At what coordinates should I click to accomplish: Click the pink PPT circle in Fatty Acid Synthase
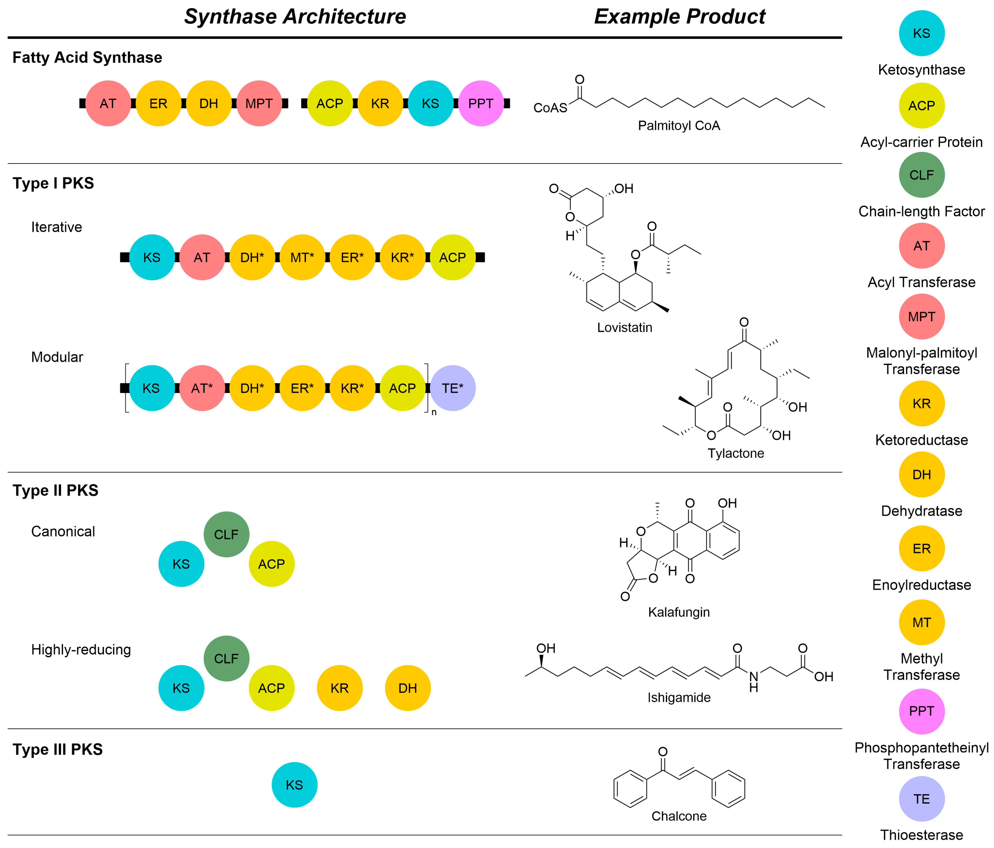pos(481,104)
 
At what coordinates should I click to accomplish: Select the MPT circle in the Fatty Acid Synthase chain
pos(259,104)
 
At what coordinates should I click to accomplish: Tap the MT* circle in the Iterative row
pos(302,257)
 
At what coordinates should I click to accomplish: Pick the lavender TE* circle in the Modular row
pos(452,388)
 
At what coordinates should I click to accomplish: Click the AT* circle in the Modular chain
pos(202,388)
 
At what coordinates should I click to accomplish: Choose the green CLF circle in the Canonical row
pos(226,534)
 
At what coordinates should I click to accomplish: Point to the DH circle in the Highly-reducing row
pos(407,688)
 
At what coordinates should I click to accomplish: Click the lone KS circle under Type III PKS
pos(294,785)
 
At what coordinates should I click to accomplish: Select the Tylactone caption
pos(736,453)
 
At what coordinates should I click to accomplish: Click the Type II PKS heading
pos(56,490)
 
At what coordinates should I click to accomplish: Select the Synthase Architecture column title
pos(295,17)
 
